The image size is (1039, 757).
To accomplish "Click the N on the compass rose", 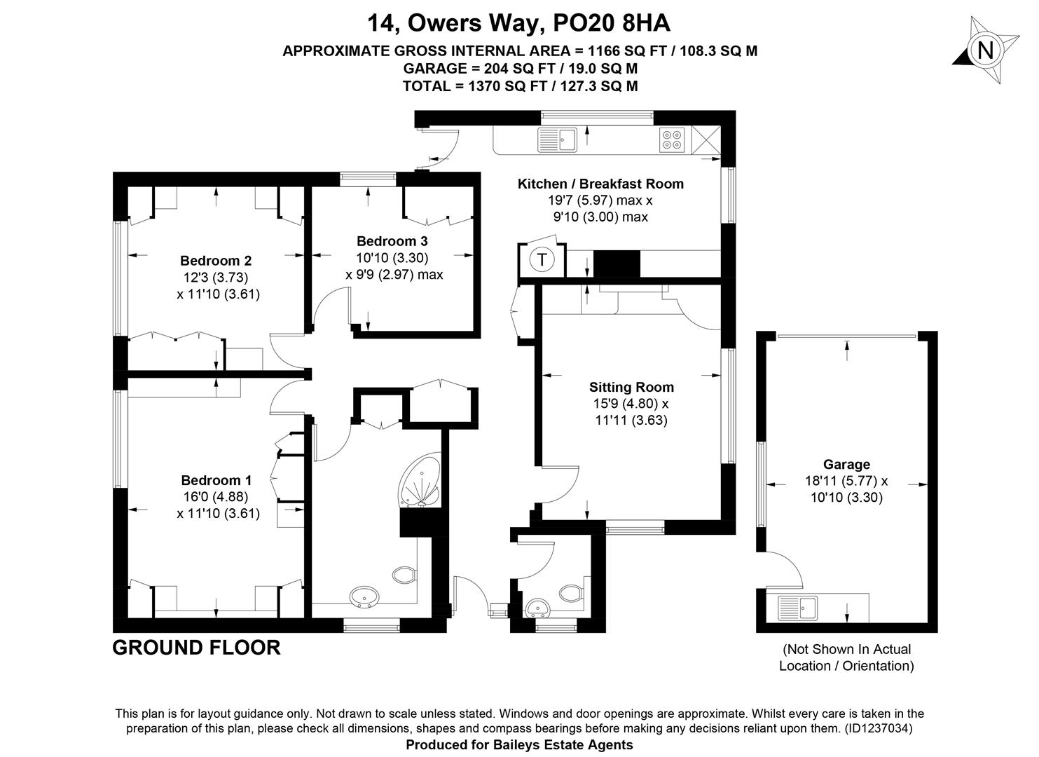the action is (x=986, y=50).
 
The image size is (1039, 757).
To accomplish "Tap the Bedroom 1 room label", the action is (x=216, y=480).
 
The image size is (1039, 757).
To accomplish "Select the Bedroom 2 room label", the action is (x=216, y=260).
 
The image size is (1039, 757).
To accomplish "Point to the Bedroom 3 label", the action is (x=392, y=241).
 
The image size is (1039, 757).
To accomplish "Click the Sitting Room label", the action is (x=631, y=387).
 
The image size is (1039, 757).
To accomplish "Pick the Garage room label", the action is (x=846, y=464).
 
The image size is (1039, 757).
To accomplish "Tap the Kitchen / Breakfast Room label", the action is (x=600, y=184).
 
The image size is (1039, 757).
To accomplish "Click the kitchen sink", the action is (x=558, y=139).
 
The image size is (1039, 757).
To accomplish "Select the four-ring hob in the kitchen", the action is (x=673, y=139).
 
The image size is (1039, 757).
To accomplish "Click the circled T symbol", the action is (x=542, y=259).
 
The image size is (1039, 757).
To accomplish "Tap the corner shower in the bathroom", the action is (x=420, y=480).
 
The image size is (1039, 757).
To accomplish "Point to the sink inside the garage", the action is (x=798, y=608).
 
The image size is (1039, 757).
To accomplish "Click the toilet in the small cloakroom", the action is (x=572, y=593).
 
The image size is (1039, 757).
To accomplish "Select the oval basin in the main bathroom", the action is (x=364, y=596).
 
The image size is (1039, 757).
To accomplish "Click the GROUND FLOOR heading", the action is (x=197, y=648).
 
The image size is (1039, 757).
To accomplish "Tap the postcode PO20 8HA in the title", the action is (x=612, y=22).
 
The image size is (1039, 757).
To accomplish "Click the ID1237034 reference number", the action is (x=878, y=728).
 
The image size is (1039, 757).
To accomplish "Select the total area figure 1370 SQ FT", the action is (x=508, y=86).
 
